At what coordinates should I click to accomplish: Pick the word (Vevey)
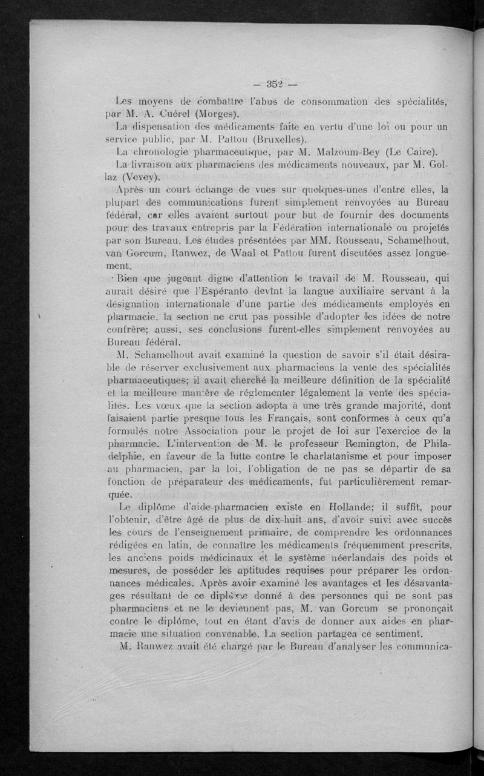[x=141, y=178]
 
